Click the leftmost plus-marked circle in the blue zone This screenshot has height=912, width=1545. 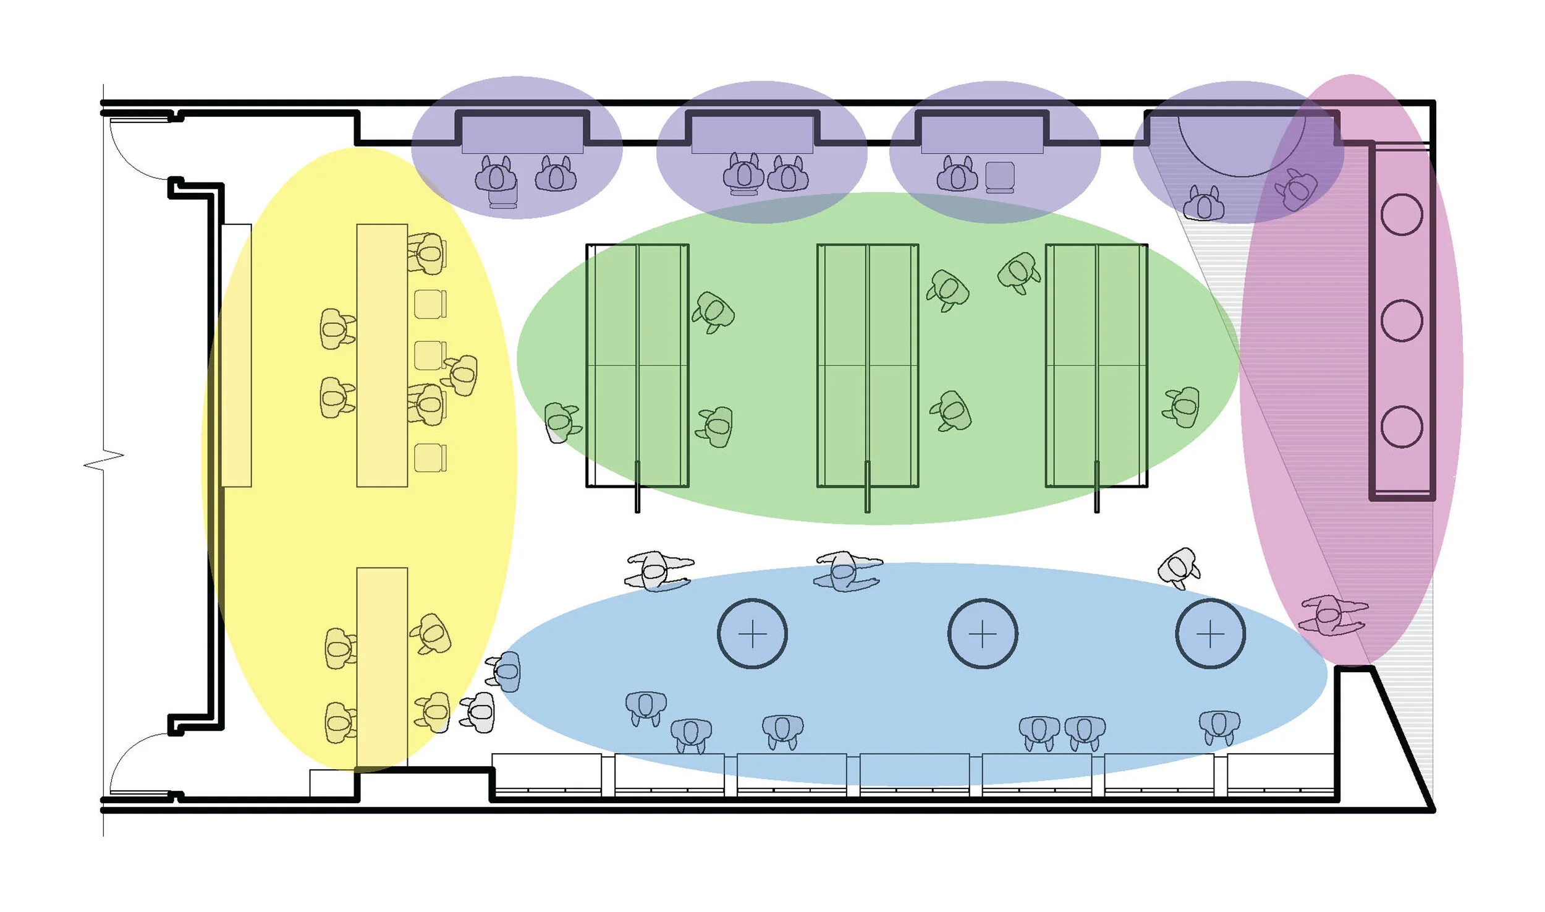[x=752, y=634]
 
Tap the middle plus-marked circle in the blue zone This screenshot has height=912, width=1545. [x=983, y=634]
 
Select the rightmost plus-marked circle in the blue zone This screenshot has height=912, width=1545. [x=1210, y=634]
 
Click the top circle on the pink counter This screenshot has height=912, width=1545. [x=1402, y=214]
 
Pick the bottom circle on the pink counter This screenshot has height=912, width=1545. [x=1402, y=427]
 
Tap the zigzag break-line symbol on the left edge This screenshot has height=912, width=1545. [x=104, y=461]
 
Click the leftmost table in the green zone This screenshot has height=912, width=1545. [x=637, y=365]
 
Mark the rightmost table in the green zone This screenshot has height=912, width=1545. [x=1096, y=365]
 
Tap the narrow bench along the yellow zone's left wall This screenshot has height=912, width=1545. [x=236, y=356]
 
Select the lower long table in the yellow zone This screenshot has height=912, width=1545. [x=382, y=668]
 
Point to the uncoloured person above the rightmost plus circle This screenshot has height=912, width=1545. [x=1179, y=568]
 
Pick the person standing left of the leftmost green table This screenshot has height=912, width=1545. [x=561, y=422]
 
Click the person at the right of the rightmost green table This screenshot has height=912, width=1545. [x=1182, y=407]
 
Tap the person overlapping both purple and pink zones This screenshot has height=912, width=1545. [x=1297, y=189]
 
